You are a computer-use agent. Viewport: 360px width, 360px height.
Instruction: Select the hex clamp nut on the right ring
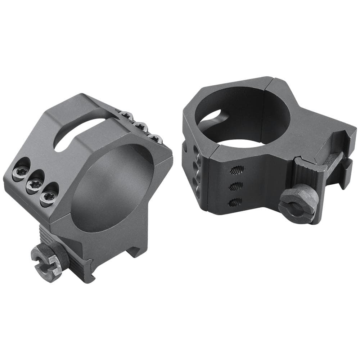[x=298, y=203]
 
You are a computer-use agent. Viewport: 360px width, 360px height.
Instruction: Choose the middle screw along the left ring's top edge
[x=141, y=126]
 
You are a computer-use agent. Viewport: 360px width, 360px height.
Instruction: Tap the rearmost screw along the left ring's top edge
[x=126, y=115]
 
